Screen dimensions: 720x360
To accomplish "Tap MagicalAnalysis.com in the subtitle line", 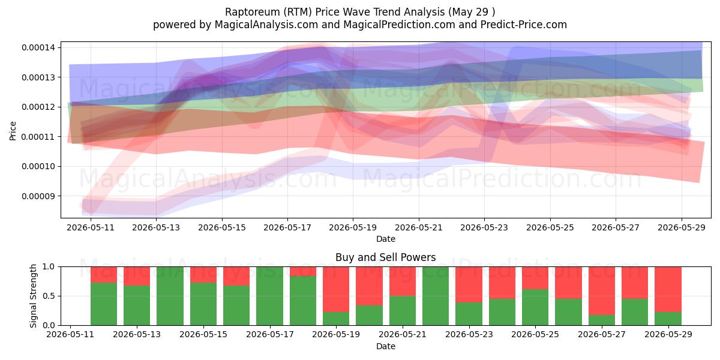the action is (x=266, y=25).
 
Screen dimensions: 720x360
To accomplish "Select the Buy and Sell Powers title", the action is (x=385, y=257).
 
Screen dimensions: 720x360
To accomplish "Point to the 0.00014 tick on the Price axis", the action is (x=38, y=47).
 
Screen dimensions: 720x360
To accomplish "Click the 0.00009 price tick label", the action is (x=38, y=196).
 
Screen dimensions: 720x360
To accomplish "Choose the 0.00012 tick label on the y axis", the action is (x=38, y=107).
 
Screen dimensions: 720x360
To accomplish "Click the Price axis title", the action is (x=13, y=131).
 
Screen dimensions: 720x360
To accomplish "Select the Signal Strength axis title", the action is (x=33, y=296).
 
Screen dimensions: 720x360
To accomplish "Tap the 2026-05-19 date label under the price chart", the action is (x=353, y=227).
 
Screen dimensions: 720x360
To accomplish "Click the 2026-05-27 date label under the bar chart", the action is (x=602, y=334).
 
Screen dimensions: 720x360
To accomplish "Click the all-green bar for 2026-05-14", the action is (x=170, y=296).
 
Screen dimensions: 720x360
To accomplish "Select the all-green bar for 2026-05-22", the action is (x=436, y=296).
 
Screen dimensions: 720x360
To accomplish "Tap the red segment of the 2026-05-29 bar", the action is (x=668, y=289).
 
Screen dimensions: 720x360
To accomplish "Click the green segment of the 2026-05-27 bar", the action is (x=602, y=320).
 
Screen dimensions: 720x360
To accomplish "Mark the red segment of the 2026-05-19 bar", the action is (x=336, y=289).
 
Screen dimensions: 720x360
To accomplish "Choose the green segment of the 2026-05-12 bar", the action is (x=103, y=304).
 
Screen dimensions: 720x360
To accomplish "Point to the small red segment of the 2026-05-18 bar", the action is (x=303, y=271).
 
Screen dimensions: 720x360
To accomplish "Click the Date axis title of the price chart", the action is (x=385, y=239).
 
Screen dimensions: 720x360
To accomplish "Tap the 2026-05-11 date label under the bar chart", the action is (x=70, y=334).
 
